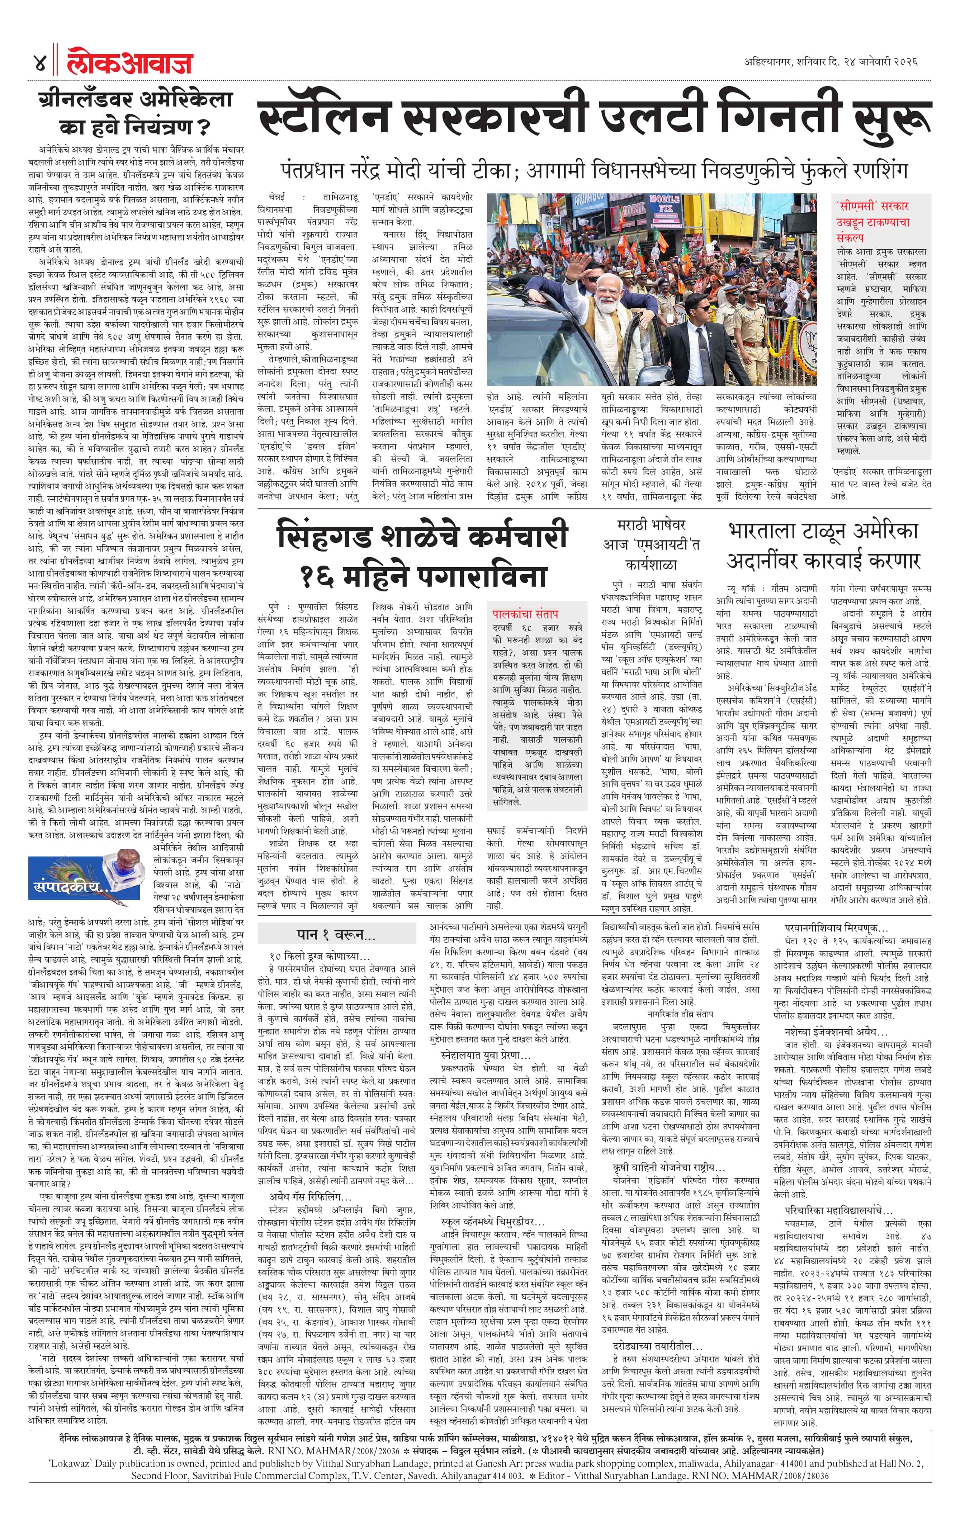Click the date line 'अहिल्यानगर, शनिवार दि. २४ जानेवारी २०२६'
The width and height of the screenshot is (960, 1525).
[831, 62]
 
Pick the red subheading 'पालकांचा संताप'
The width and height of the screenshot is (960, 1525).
[526, 613]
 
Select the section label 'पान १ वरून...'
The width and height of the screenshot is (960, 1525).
[336, 934]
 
